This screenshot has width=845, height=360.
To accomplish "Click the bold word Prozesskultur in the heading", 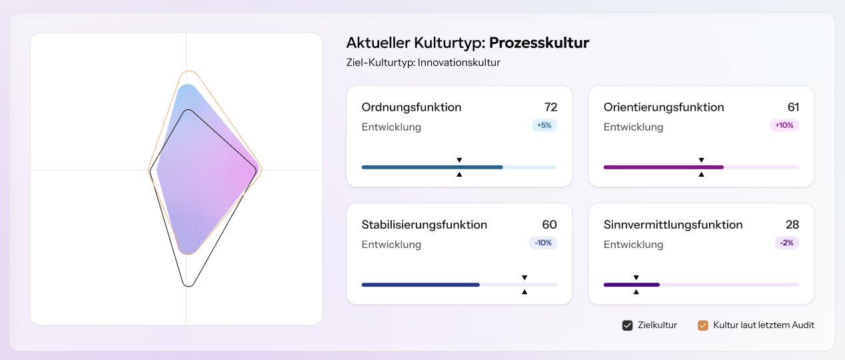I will pyautogui.click(x=539, y=43).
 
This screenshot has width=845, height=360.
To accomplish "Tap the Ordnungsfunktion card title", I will pyautogui.click(x=411, y=107).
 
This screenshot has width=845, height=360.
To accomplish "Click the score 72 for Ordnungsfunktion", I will pyautogui.click(x=550, y=107).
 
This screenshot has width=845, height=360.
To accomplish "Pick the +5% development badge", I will pyautogui.click(x=544, y=125).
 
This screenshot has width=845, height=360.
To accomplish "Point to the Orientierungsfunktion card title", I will pyautogui.click(x=664, y=107).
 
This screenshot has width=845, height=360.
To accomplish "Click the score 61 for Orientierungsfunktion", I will pyautogui.click(x=793, y=107).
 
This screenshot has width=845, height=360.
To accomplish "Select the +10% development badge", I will pyautogui.click(x=784, y=125).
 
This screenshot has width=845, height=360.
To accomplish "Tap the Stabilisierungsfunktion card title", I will pyautogui.click(x=424, y=225).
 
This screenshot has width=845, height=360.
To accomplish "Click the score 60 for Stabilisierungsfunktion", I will pyautogui.click(x=550, y=225).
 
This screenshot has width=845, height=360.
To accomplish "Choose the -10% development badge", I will pyautogui.click(x=543, y=243).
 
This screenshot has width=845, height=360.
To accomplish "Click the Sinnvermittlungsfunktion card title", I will pyautogui.click(x=673, y=225).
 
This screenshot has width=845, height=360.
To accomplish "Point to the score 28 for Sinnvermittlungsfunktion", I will pyautogui.click(x=792, y=225).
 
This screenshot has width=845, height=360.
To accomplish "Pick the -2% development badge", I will pyautogui.click(x=786, y=243).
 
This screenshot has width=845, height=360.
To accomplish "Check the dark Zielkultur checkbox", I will pyautogui.click(x=627, y=325).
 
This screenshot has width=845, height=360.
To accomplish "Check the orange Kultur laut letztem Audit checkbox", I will pyautogui.click(x=702, y=325).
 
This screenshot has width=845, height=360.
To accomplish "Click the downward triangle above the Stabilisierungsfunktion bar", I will pyautogui.click(x=524, y=277).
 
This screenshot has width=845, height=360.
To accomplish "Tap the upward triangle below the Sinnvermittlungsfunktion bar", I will pyautogui.click(x=636, y=291).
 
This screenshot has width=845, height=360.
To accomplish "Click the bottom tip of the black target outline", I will pyautogui.click(x=189, y=286).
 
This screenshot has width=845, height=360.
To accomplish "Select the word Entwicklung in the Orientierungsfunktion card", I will pyautogui.click(x=633, y=127).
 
